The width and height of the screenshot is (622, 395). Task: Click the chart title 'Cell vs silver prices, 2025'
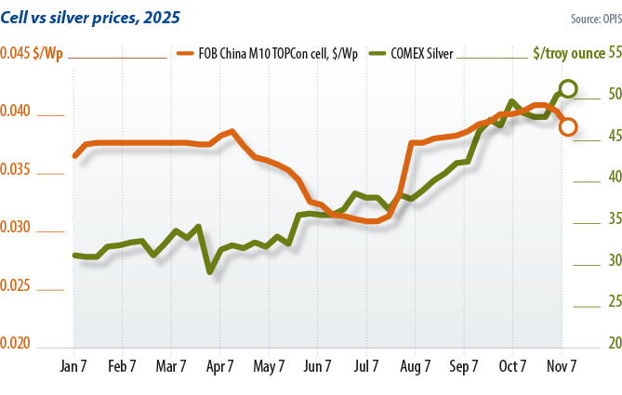click(90, 18)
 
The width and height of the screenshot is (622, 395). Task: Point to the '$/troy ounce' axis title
click(567, 54)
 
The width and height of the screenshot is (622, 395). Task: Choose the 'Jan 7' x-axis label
click(74, 366)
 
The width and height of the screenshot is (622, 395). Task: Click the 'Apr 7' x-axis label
click(220, 366)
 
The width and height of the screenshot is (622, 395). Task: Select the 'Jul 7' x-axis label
click(365, 366)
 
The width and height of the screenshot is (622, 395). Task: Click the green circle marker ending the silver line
click(567, 89)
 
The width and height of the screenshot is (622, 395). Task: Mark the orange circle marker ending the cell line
click(567, 126)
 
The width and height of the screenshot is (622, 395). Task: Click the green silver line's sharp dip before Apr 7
click(210, 271)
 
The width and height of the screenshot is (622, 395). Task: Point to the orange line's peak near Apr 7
click(231, 131)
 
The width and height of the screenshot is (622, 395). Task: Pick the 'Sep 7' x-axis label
click(463, 366)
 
